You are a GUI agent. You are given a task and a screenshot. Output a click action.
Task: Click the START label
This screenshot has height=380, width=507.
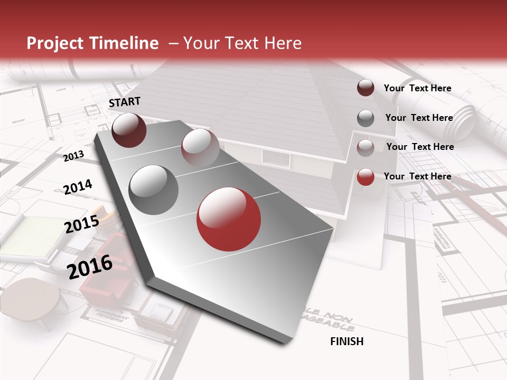coord(125,102)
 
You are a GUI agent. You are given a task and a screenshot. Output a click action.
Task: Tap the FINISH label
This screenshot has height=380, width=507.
coord(347,341)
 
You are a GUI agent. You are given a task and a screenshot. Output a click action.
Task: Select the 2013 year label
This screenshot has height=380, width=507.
coord(74,156)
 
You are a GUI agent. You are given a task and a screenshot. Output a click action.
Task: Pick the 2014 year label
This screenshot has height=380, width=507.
coord(78,187)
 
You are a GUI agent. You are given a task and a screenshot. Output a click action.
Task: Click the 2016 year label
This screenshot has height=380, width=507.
coord(90,267)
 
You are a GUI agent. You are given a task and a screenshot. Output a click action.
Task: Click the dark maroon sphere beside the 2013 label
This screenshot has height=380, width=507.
coord(129,130)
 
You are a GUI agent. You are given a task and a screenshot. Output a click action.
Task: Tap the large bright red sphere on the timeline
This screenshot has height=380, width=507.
coord(229,220)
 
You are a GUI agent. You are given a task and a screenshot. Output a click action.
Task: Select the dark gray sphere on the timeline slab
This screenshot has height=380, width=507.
coord(153,190)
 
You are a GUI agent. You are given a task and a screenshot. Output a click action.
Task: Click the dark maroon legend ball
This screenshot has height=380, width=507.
coord(365,88)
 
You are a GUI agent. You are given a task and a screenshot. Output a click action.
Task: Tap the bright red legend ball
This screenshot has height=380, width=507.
coord(365,177)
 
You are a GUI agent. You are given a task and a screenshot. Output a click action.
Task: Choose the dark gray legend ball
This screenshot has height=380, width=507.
coord(365,118)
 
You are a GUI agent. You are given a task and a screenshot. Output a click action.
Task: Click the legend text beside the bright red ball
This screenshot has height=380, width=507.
coord(417,176)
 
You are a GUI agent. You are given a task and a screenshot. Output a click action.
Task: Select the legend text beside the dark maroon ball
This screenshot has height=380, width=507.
coord(417,88)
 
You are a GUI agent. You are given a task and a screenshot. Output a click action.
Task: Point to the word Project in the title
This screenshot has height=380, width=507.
coord(57,43)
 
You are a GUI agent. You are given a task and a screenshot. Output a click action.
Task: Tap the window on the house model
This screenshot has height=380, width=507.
coord(277,157)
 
